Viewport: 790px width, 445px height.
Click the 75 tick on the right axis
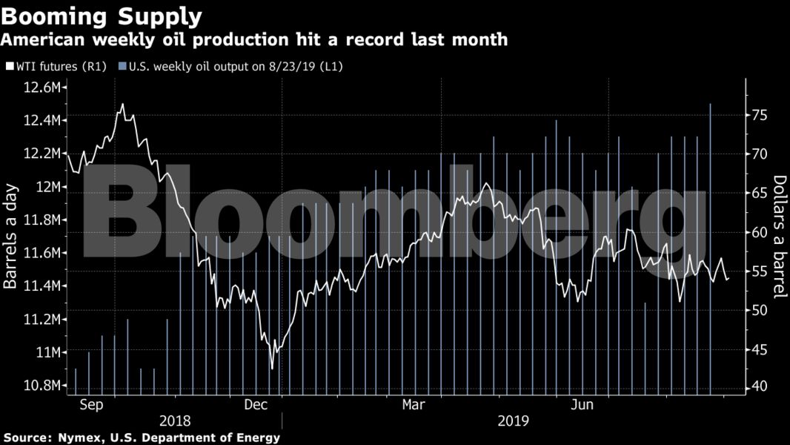[x=759, y=115]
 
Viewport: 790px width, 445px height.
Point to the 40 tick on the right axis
[x=759, y=386]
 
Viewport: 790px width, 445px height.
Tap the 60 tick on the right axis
[x=759, y=232]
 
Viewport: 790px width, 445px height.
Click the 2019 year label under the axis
[x=513, y=421]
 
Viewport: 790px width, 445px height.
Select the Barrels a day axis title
[x=11, y=236]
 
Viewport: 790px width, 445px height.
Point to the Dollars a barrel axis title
[x=778, y=236]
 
